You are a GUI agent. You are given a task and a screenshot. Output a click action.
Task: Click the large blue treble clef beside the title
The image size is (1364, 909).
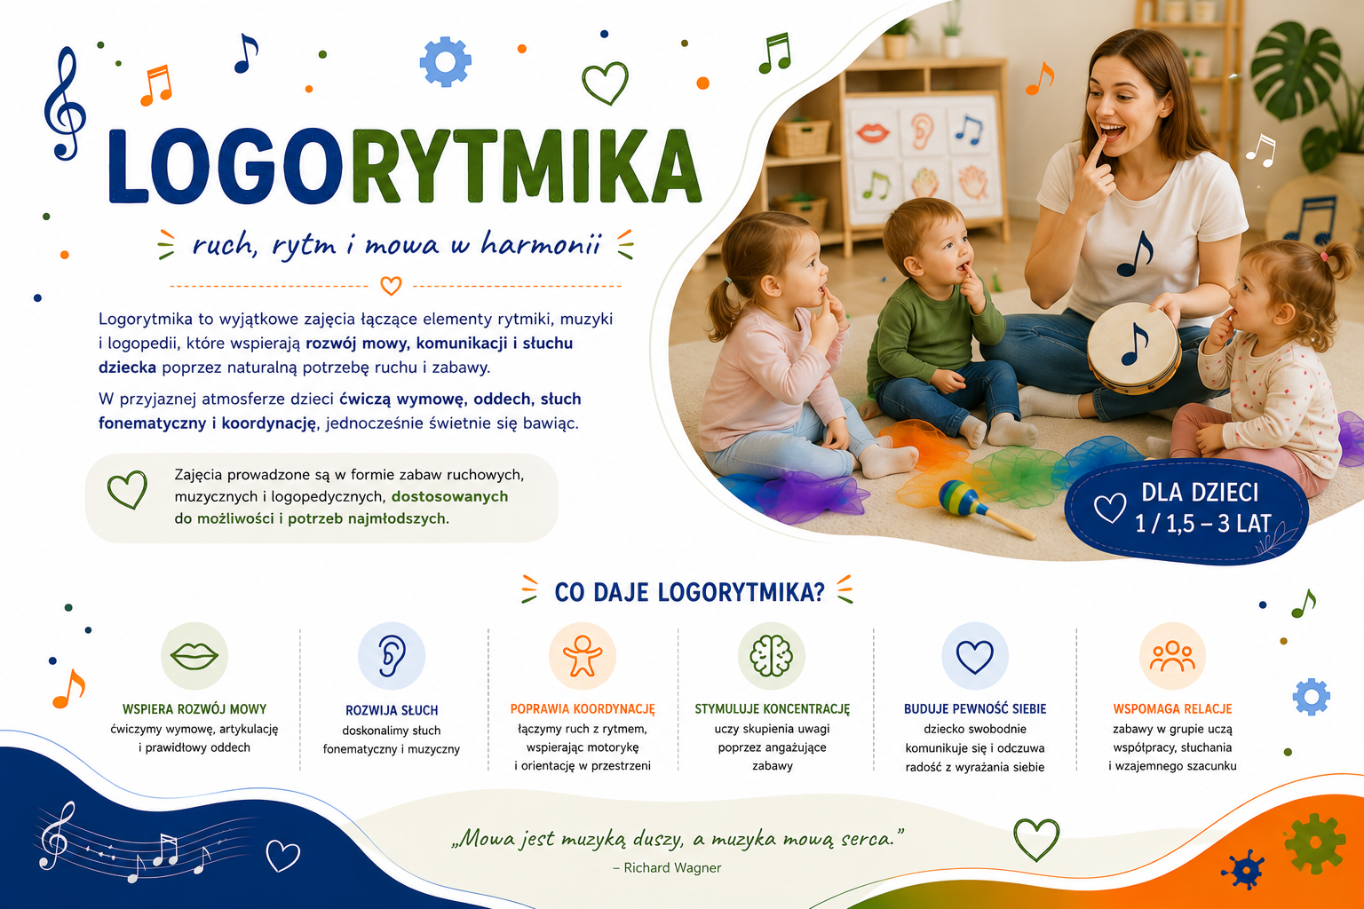pyautogui.click(x=65, y=105)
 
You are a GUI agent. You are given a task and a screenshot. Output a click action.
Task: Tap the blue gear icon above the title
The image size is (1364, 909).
pyautogui.click(x=445, y=61)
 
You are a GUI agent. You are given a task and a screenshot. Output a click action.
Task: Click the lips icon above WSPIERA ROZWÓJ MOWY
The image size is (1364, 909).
pyautogui.click(x=194, y=656)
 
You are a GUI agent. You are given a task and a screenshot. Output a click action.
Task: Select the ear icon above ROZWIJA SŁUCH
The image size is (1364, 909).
pyautogui.click(x=391, y=656)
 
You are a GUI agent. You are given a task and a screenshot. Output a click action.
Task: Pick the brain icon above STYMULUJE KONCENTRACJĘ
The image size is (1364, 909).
pyautogui.click(x=771, y=656)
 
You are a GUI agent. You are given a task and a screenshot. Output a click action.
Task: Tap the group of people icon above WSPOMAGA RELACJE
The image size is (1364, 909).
pyautogui.click(x=1172, y=656)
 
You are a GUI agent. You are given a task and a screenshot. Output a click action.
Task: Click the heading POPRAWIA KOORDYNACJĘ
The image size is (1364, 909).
pyautogui.click(x=583, y=708)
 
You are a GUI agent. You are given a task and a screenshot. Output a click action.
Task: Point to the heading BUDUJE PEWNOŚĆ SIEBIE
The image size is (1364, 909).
pyautogui.click(x=975, y=708)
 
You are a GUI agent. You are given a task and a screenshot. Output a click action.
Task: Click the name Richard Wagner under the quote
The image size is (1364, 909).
pyautogui.click(x=672, y=867)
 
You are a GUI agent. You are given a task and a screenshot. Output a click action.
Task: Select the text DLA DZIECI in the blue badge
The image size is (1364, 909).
pyautogui.click(x=1200, y=493)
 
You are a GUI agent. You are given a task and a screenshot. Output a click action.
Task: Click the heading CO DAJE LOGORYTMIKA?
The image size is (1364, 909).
pyautogui.click(x=689, y=592)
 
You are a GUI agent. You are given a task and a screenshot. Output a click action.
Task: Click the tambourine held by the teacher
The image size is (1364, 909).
pyautogui.click(x=1134, y=348)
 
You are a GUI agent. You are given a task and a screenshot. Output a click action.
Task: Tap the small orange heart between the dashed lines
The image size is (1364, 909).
pyautogui.click(x=391, y=285)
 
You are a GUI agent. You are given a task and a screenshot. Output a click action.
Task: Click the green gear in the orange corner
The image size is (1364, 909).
pyautogui.click(x=1314, y=844)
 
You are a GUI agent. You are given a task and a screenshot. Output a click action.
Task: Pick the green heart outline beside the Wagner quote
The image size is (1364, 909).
pyautogui.click(x=1036, y=839)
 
